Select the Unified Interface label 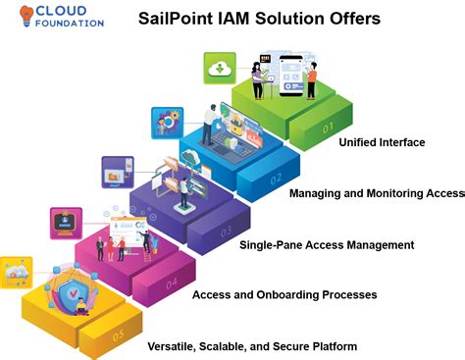382,142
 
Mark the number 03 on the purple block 225,231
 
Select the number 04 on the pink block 172,283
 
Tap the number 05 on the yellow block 119,334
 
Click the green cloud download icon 219,68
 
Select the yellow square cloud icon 15,272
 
